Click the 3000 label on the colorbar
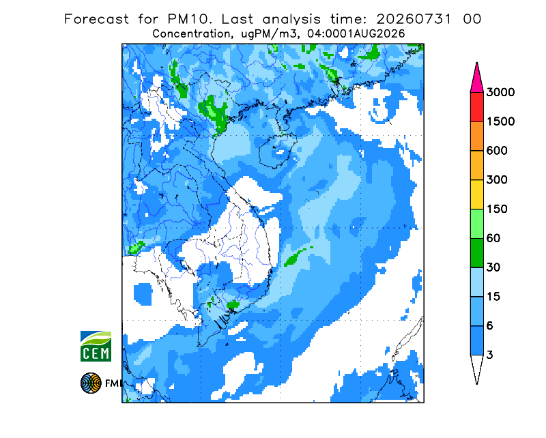tap(500, 92)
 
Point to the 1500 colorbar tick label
tap(500, 121)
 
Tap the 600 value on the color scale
tap(497, 151)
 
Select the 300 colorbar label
tap(497, 180)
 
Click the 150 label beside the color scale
tap(497, 209)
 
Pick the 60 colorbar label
tap(493, 239)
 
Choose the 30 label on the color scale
tap(493, 267)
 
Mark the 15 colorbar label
tap(493, 297)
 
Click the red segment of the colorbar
tap(476, 107)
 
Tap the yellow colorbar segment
tap(476, 194)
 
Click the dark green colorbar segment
tap(476, 253)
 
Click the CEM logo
tap(96, 346)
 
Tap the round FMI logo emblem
tap(91, 383)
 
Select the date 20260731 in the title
tap(414, 19)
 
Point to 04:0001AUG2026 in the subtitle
tap(356, 34)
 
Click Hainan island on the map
tap(278, 150)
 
